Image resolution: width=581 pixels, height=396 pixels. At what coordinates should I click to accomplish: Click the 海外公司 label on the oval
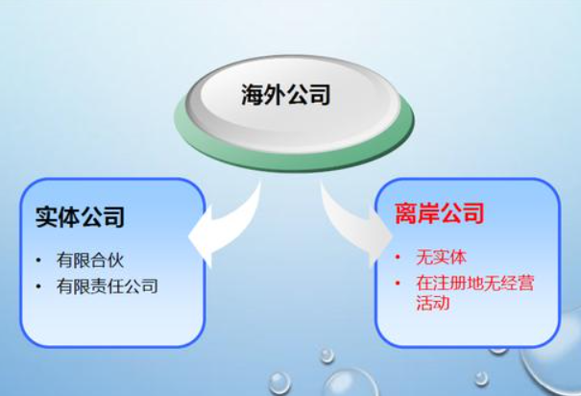click(x=285, y=94)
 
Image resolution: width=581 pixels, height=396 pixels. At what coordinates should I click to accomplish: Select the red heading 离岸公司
click(x=439, y=212)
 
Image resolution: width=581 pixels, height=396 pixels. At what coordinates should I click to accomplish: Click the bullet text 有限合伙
click(x=90, y=260)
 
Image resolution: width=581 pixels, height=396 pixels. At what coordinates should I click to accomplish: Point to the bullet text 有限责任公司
click(x=107, y=285)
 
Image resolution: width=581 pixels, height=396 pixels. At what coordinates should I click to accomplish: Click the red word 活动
click(x=433, y=304)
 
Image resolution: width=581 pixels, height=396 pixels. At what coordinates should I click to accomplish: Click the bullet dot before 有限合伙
click(x=37, y=260)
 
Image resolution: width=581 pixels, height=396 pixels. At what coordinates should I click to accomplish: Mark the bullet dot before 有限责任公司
click(x=37, y=286)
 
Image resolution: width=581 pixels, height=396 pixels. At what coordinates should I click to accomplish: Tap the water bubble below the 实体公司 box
click(x=278, y=382)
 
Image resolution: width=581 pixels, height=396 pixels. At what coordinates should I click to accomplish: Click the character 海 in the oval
click(x=252, y=94)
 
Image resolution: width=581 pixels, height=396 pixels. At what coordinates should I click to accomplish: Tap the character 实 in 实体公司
click(x=46, y=217)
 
